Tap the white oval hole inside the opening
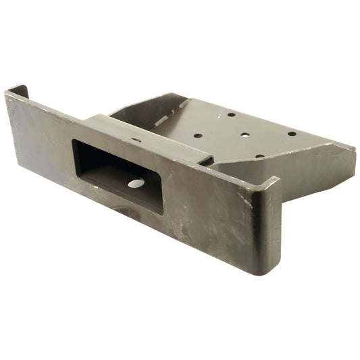pos(136,183)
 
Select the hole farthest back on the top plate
pos(232,115)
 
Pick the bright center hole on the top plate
pos(245,135)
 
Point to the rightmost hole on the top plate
pos(292,133)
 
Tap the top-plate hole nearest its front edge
pos(259,156)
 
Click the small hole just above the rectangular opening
pos(136,140)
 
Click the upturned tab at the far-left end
pos(18,91)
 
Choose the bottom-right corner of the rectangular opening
pos(162,213)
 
